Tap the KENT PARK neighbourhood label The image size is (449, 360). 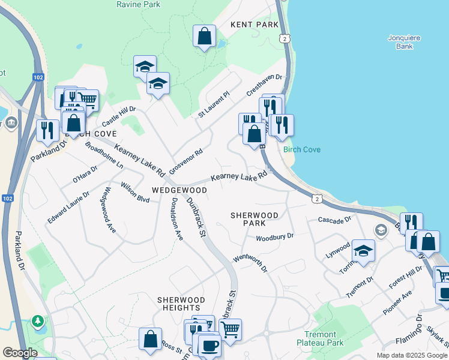click(x=255, y=25)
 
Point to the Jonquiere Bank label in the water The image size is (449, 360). click(x=403, y=42)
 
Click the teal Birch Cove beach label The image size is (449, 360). click(x=302, y=149)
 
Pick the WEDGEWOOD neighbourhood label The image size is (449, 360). click(x=179, y=190)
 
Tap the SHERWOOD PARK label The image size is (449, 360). click(x=255, y=219)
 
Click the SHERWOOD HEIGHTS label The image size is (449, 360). click(x=181, y=304)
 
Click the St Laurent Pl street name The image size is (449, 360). click(x=214, y=104)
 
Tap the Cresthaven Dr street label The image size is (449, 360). click(x=264, y=85)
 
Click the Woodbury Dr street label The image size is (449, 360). click(x=274, y=237)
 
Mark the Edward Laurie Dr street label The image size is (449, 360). click(x=68, y=208)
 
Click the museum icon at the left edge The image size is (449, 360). click(x=12, y=124)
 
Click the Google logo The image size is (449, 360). click(x=20, y=353)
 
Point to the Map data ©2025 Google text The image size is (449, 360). click(x=411, y=355)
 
